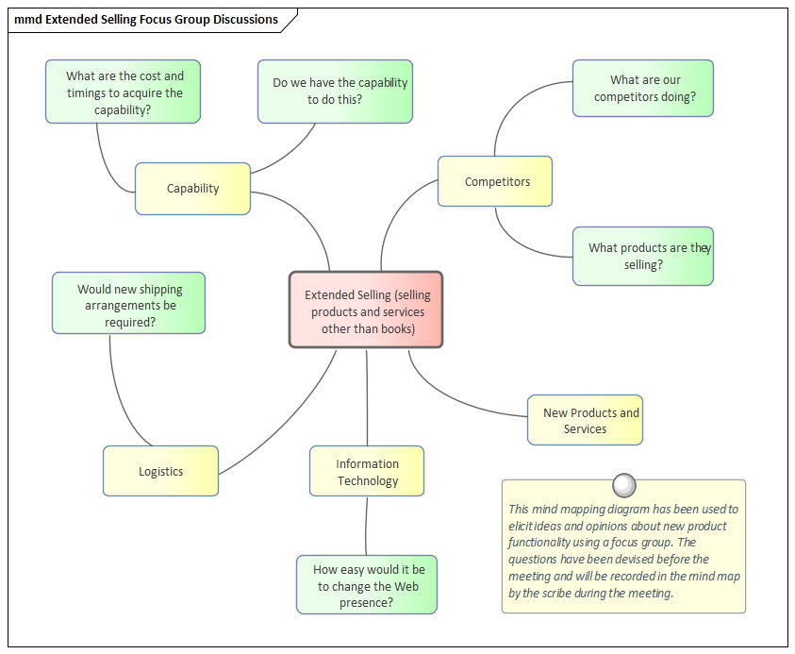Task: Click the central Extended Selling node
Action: tap(366, 310)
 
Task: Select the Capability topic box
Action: tap(192, 189)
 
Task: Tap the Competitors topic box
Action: tap(495, 181)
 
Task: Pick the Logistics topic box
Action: tap(160, 471)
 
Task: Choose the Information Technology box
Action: tap(367, 472)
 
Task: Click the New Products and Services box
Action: tap(585, 420)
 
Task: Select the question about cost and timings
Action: tap(124, 92)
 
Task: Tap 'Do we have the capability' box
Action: tap(336, 92)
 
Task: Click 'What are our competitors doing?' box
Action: tap(643, 89)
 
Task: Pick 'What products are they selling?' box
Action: tap(643, 256)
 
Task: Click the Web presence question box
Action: tap(368, 585)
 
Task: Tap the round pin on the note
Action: tap(623, 485)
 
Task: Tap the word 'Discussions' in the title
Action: tap(243, 20)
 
